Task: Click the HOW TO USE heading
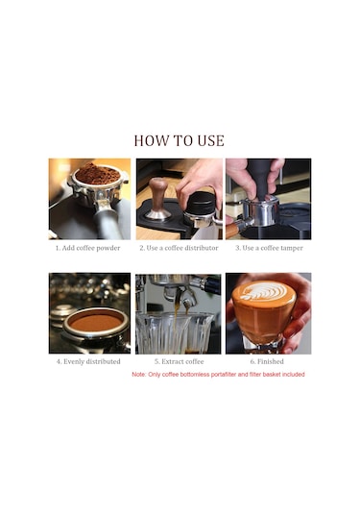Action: click(180, 140)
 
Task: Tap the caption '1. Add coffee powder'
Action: click(87, 248)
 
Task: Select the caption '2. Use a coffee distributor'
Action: click(179, 248)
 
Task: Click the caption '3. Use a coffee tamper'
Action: click(269, 248)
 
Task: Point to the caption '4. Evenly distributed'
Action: click(88, 361)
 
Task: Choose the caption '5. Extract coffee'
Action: click(180, 361)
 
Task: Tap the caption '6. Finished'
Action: click(267, 361)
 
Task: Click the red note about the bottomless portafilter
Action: click(218, 375)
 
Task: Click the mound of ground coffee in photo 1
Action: click(98, 174)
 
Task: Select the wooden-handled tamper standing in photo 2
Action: click(157, 199)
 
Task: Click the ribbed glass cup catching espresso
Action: click(176, 332)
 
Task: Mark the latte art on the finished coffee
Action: click(263, 292)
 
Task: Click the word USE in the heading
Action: click(211, 140)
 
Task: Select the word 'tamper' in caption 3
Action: click(292, 248)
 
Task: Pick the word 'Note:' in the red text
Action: click(139, 375)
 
